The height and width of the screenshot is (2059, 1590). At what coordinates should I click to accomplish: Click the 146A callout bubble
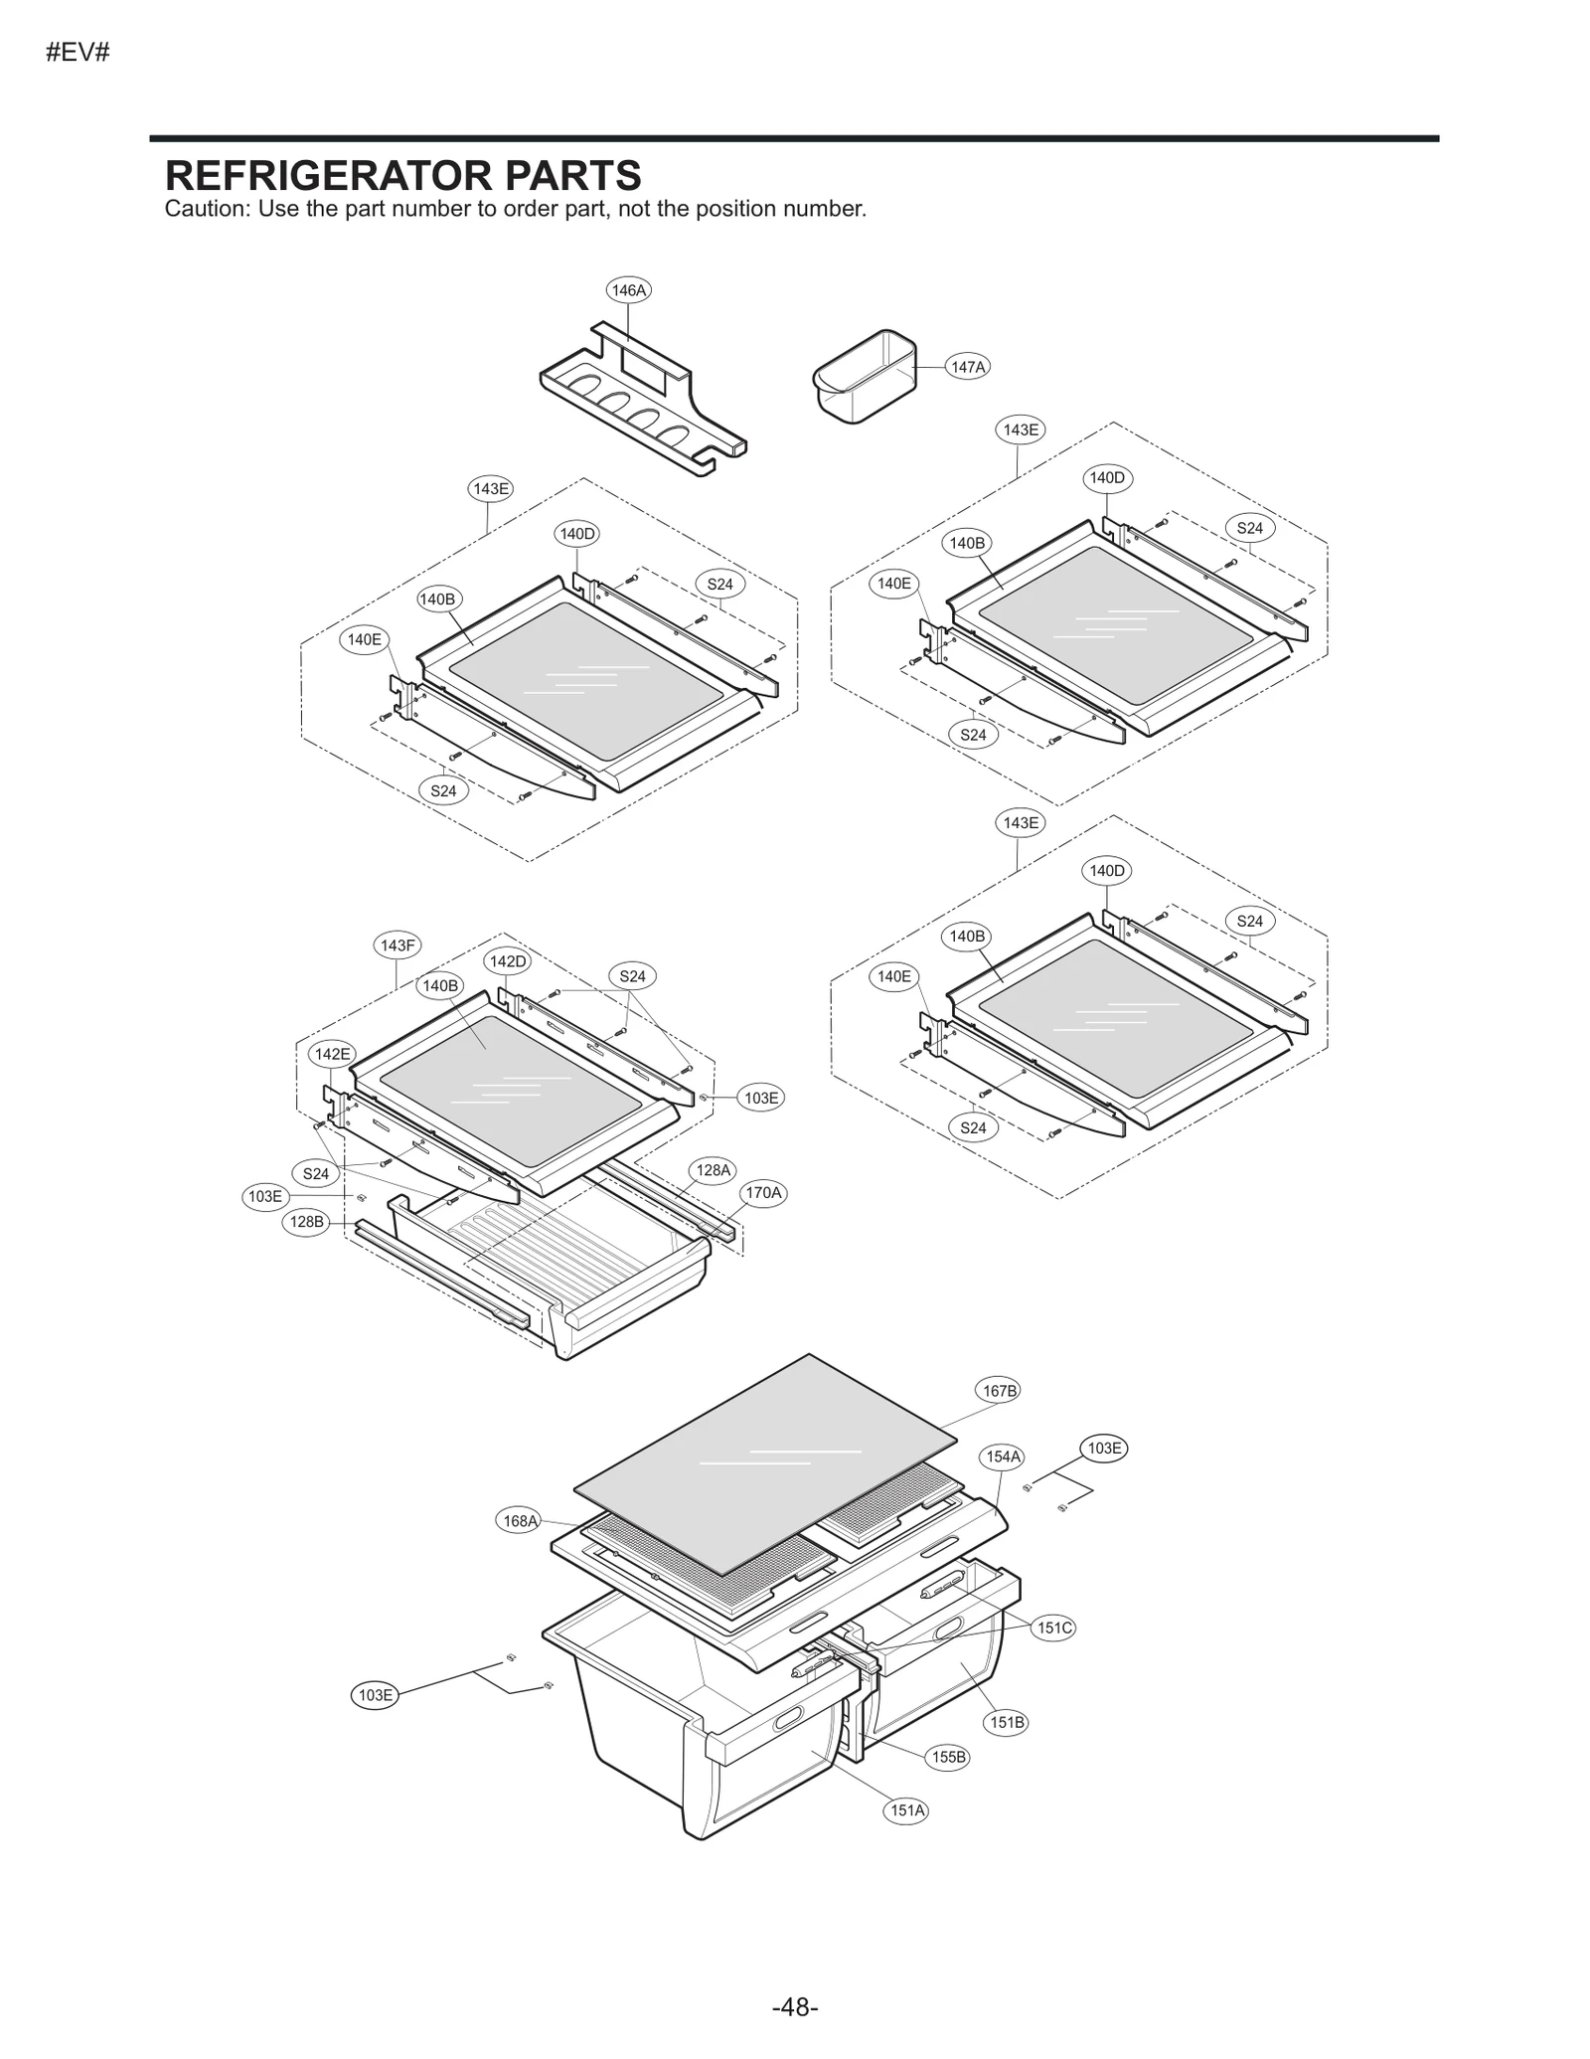pyautogui.click(x=628, y=290)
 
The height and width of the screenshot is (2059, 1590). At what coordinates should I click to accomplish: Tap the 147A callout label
pyautogui.click(x=967, y=367)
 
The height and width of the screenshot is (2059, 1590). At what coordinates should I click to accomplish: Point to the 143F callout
pyautogui.click(x=397, y=945)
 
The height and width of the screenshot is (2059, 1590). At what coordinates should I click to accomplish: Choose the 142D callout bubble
pyautogui.click(x=508, y=961)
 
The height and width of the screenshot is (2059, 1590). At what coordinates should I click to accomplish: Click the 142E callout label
pyautogui.click(x=332, y=1054)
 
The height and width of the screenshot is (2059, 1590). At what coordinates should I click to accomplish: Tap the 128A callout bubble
pyautogui.click(x=713, y=1170)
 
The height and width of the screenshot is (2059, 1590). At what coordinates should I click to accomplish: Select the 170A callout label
pyautogui.click(x=763, y=1192)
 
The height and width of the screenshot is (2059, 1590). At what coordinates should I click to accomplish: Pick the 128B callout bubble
pyautogui.click(x=307, y=1222)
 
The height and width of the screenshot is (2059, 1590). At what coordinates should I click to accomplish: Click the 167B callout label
pyautogui.click(x=1000, y=1391)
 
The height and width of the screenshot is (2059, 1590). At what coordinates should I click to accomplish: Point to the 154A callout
pyautogui.click(x=1003, y=1457)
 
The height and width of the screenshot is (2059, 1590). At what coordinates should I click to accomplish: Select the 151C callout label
pyautogui.click(x=1054, y=1628)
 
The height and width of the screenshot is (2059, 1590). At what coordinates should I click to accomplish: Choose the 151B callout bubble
pyautogui.click(x=1007, y=1722)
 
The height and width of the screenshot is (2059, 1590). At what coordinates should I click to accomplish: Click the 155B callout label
pyautogui.click(x=948, y=1757)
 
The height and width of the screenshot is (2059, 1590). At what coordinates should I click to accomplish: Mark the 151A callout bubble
pyautogui.click(x=907, y=1810)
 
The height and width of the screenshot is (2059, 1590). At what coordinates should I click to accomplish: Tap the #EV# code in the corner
pyautogui.click(x=78, y=53)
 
